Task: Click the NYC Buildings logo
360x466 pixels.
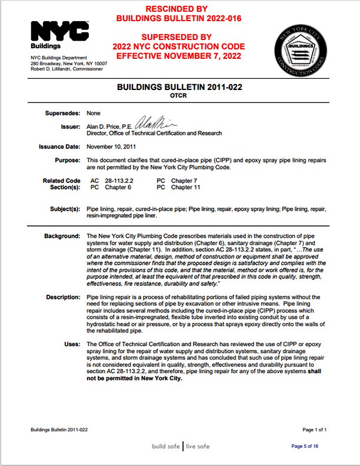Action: [59, 36]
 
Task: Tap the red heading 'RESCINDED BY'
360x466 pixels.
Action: [179, 9]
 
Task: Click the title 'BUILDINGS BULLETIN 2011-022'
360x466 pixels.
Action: [179, 88]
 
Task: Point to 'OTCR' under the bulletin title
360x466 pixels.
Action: [179, 96]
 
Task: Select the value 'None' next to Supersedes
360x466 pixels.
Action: [93, 112]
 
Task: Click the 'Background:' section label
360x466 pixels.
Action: [62, 236]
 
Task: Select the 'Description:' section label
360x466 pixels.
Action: [62, 297]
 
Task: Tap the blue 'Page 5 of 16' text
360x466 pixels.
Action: [305, 446]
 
